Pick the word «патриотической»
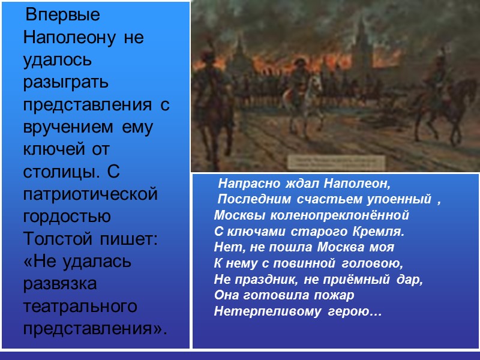click(x=91, y=195)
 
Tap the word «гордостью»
click(x=71, y=217)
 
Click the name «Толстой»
click(x=56, y=239)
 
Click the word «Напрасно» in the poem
click(x=244, y=181)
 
